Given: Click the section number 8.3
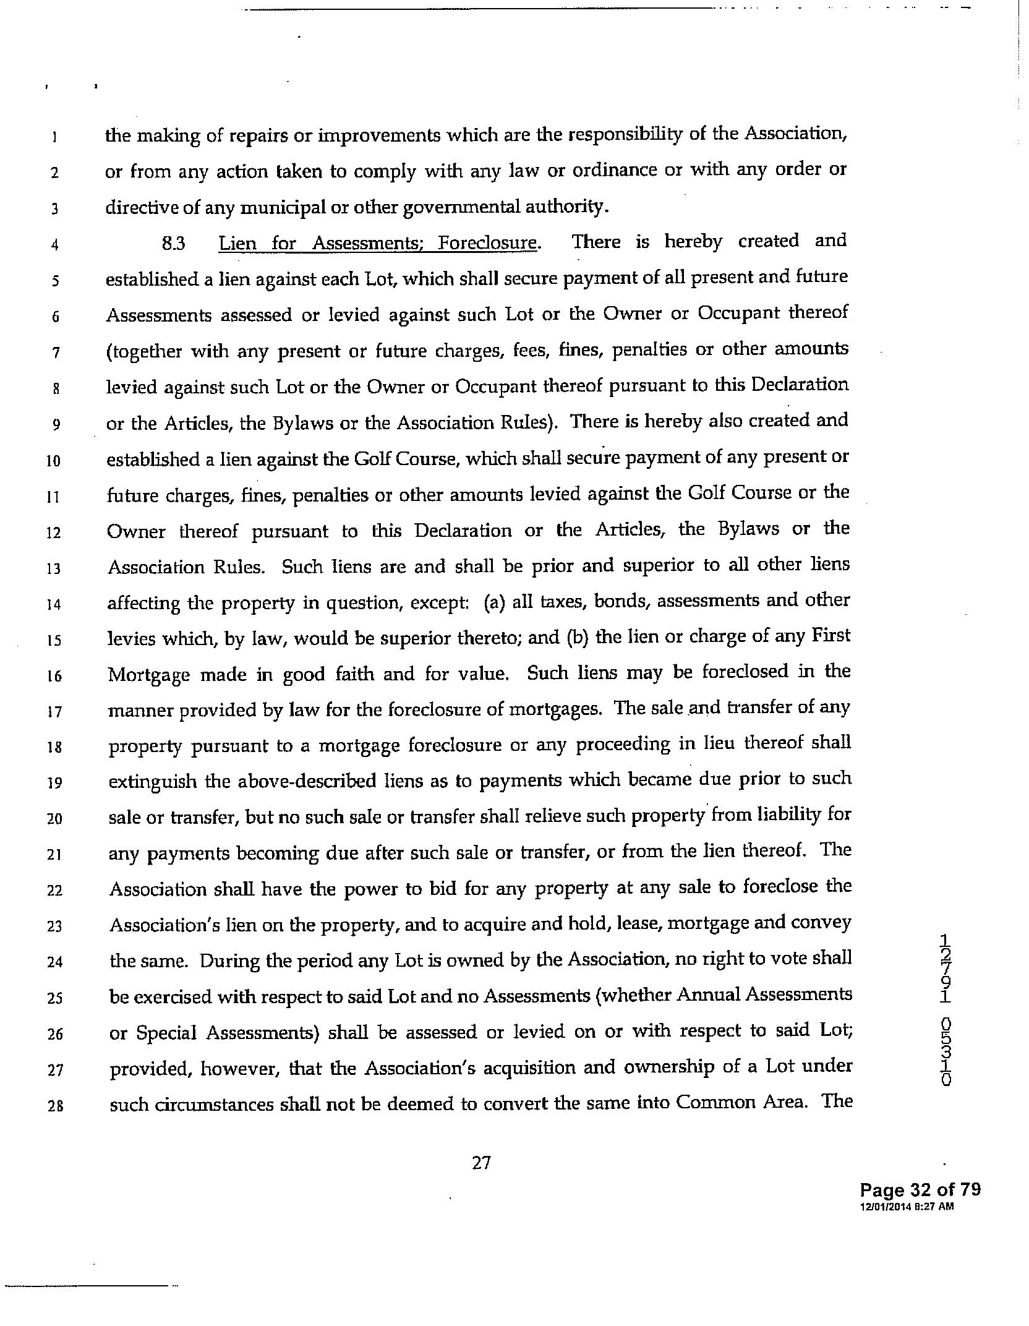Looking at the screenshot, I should pyautogui.click(x=173, y=244).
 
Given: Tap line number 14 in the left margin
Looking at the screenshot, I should pyautogui.click(x=54, y=604).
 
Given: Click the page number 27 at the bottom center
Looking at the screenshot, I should pyautogui.click(x=482, y=1163).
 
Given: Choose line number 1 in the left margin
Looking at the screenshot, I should pyautogui.click(x=54, y=137).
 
